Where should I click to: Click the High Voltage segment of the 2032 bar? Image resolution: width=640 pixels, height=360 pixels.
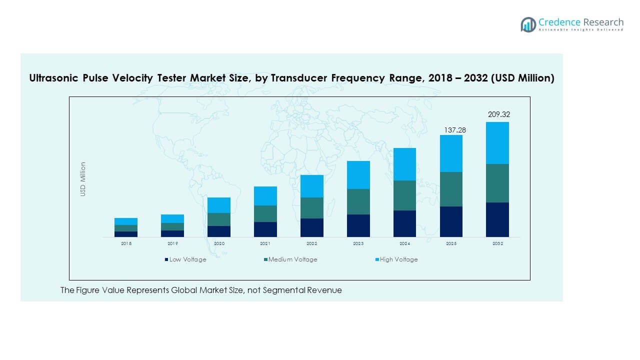[497, 143]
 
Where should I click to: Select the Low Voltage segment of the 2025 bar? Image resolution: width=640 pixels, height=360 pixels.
[451, 221]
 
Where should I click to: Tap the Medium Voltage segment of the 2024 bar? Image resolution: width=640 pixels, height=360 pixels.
[404, 195]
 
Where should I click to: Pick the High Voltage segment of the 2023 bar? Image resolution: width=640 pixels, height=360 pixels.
[358, 175]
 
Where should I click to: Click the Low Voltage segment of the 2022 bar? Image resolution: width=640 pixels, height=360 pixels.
[311, 227]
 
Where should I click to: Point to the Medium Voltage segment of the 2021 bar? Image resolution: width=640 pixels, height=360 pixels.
[265, 213]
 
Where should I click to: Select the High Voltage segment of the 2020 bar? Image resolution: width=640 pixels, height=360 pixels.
[219, 205]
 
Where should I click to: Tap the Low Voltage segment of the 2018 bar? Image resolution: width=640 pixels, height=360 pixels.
[126, 234]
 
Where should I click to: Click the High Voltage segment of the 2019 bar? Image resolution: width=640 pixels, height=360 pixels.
[172, 218]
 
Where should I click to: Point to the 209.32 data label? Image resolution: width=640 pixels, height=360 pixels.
[499, 114]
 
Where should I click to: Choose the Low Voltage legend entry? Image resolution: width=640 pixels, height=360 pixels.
[185, 259]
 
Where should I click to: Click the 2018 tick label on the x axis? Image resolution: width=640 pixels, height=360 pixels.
[126, 243]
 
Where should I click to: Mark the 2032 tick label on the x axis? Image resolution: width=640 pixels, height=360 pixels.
[497, 243]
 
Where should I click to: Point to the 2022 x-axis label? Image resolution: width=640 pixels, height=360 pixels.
[311, 243]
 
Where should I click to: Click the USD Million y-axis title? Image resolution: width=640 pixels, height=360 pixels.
[83, 179]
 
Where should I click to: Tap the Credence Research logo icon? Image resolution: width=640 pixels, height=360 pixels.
[528, 24]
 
